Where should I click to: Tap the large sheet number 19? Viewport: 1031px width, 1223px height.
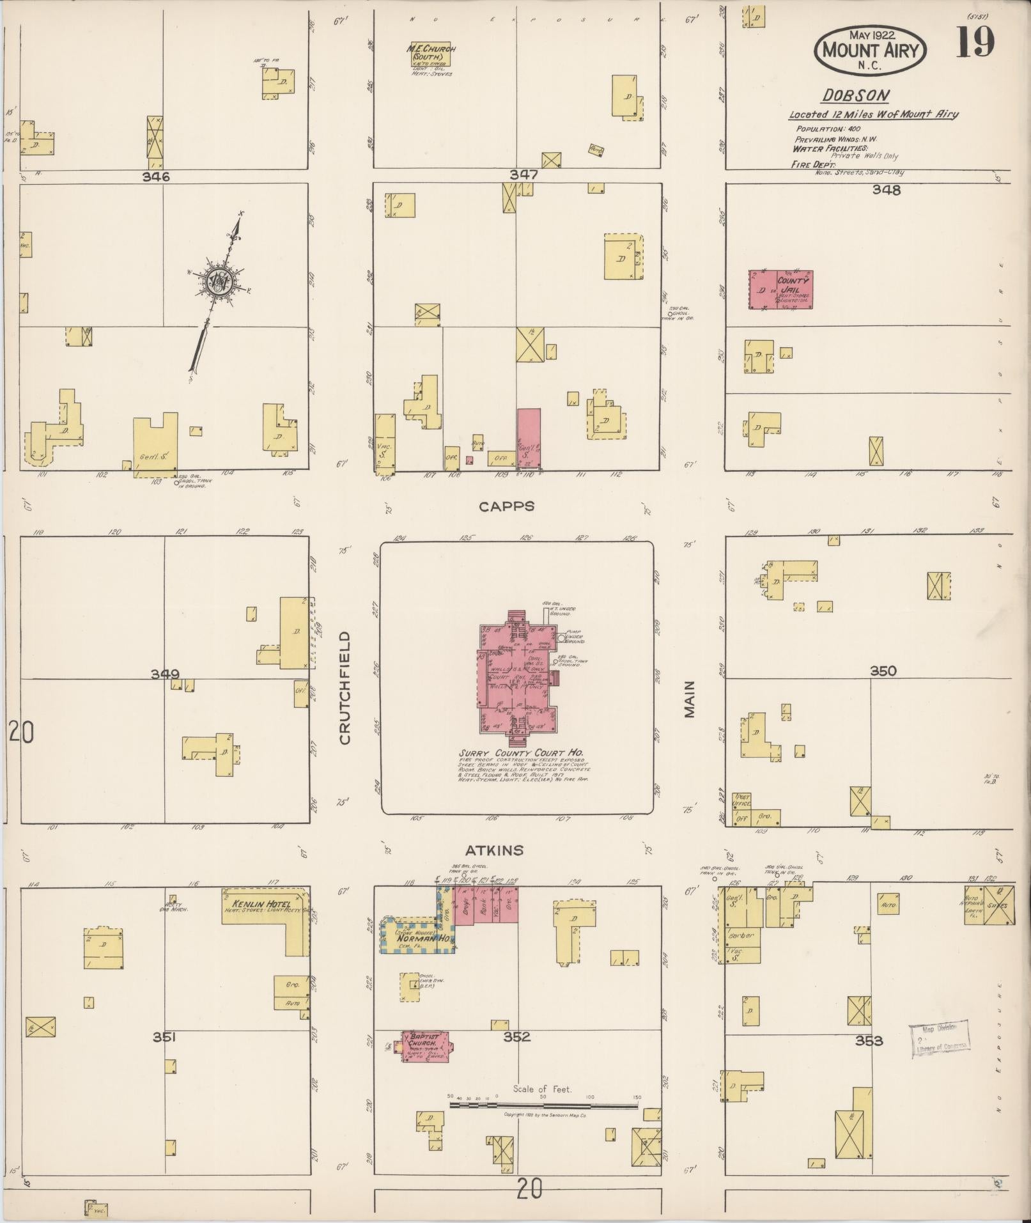975,43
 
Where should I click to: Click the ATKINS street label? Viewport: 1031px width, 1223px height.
494,850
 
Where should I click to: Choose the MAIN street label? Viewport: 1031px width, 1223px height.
689,699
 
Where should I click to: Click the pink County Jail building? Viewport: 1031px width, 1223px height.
780,290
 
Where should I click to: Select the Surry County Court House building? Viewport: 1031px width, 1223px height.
518,678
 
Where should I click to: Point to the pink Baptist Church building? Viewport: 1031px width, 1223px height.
425,1047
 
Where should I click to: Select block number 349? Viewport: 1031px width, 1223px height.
165,674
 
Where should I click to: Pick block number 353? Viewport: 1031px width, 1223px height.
869,1041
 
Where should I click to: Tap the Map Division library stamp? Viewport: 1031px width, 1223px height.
940,1040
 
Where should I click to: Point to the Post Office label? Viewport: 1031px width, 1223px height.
743,800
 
